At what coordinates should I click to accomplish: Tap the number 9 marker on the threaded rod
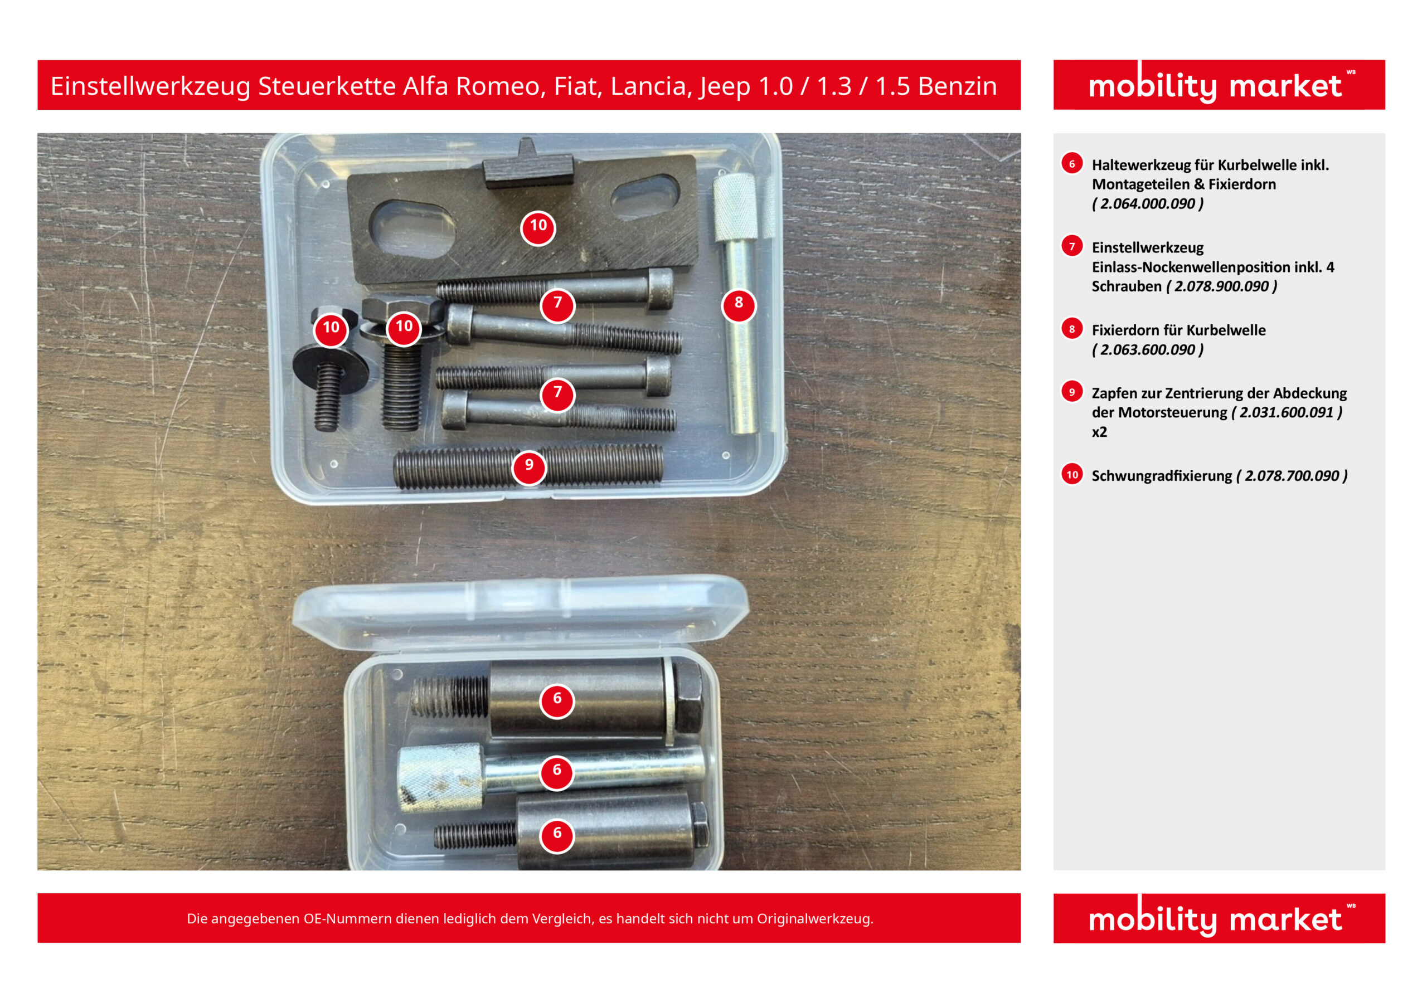pos(529,467)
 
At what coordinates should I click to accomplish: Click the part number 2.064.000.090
pos(1147,204)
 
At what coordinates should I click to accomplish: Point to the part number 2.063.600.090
pos(1147,350)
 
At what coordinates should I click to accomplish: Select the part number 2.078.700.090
pos(1292,476)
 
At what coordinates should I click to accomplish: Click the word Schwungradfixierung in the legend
pos(1162,476)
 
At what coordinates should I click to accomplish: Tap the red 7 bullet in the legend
pos(1072,246)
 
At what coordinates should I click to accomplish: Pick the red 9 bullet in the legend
pos(1072,392)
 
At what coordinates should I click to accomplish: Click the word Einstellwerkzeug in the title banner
pos(151,86)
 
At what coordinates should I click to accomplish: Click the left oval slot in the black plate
pos(412,227)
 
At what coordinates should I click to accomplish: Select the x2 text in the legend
pos(1099,432)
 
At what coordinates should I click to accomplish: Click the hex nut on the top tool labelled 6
pos(687,697)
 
